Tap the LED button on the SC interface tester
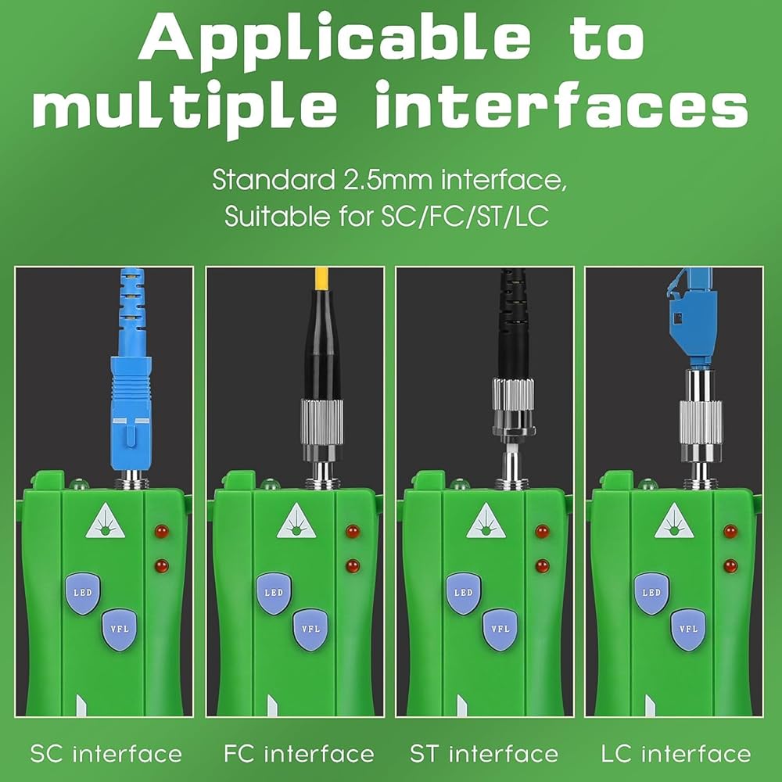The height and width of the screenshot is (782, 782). click(x=83, y=593)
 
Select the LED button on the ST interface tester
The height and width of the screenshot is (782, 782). click(x=463, y=593)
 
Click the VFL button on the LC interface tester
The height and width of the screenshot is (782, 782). click(x=688, y=630)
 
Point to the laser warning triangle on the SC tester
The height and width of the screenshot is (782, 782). click(x=106, y=522)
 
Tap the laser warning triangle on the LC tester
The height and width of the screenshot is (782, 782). click(x=674, y=522)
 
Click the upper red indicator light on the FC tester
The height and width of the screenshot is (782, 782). click(x=353, y=531)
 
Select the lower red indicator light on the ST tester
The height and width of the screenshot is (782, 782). click(x=542, y=566)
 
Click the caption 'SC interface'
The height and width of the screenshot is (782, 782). click(x=106, y=754)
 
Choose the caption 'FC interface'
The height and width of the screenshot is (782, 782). click(x=299, y=754)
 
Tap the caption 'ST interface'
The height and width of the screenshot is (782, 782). click(x=484, y=754)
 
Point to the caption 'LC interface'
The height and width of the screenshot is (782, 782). click(x=676, y=754)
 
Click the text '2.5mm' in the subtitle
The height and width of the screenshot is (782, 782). click(x=388, y=180)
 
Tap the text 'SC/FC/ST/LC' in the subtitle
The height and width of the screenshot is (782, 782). click(x=465, y=217)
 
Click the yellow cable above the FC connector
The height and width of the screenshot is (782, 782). click(x=321, y=279)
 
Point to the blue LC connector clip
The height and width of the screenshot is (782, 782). click(x=692, y=319)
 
